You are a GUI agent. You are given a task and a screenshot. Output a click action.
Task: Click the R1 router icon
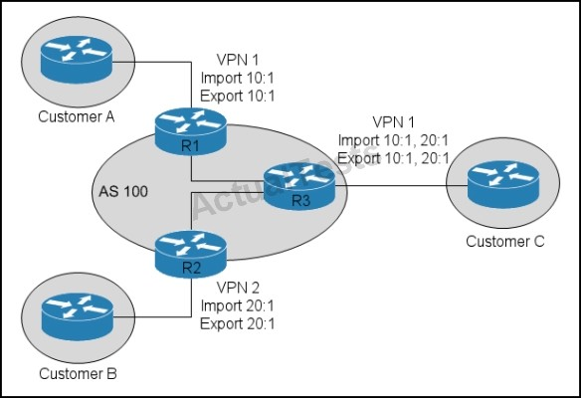pos(190,131)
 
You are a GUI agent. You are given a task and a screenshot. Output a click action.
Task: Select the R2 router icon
pos(190,254)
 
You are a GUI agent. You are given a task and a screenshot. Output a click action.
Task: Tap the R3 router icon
pos(299,186)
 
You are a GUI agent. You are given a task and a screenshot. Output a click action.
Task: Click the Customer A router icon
pos(77,60)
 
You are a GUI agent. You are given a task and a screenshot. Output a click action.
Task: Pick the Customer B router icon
pos(78,316)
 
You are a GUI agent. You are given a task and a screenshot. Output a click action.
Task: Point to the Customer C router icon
pos(503,184)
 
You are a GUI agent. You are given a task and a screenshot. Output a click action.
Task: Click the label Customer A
pos(77,116)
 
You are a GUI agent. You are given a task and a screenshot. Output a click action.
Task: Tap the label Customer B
pos(78,373)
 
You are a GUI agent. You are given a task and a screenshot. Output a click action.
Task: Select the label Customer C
pos(505,241)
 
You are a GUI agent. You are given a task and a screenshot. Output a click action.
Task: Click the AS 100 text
pos(123,191)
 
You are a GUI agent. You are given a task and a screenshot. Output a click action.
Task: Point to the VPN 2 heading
pos(238,288)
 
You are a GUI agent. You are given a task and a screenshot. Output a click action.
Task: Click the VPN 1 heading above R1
pos(238,60)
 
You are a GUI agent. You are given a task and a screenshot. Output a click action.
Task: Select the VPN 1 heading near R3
pos(393,122)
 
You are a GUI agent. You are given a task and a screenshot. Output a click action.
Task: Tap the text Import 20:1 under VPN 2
pos(238,305)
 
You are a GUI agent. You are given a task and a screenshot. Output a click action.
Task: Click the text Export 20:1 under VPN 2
pos(238,324)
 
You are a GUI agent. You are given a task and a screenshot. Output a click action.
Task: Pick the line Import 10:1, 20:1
pos(394,140)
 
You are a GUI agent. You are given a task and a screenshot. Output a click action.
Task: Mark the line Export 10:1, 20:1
pos(394,158)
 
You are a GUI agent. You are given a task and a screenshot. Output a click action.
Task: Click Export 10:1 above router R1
pos(238,96)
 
